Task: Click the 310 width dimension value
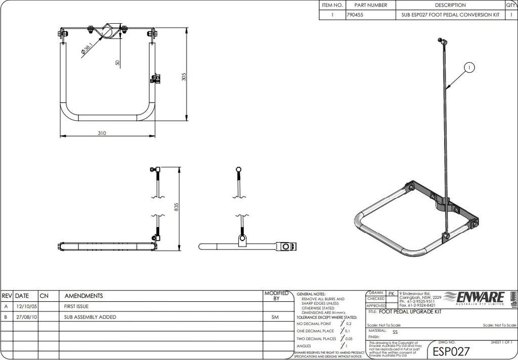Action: [102, 133]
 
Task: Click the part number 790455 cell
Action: [358, 15]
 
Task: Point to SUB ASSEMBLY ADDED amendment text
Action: [90, 317]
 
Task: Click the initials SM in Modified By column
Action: [276, 317]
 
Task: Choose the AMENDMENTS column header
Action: [84, 296]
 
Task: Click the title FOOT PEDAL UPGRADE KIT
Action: [410, 312]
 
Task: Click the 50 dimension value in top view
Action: [117, 63]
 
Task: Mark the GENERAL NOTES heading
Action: [311, 294]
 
